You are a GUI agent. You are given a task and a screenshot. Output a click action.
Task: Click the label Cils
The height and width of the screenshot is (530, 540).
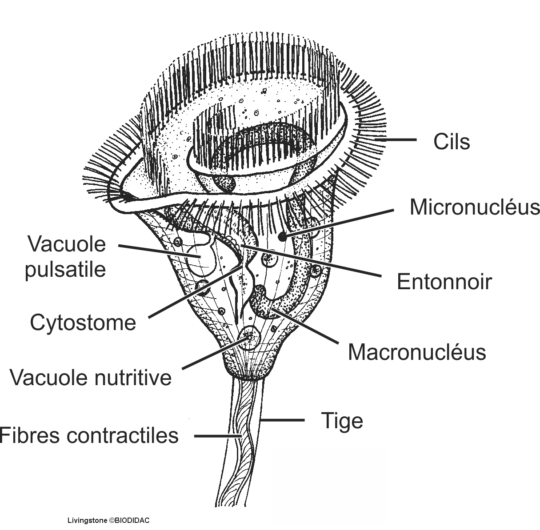click(451, 142)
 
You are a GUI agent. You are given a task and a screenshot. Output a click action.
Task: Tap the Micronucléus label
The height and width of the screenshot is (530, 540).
click(474, 207)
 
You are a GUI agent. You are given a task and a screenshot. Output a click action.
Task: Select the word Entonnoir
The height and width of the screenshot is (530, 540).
click(444, 282)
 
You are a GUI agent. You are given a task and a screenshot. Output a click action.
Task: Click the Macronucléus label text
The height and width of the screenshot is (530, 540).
click(416, 352)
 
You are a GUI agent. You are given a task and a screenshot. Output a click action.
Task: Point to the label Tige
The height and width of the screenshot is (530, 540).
click(342, 421)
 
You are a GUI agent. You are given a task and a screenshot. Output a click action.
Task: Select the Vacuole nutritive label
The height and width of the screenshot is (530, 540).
click(91, 378)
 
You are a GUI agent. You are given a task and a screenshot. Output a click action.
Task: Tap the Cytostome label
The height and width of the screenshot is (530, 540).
click(83, 323)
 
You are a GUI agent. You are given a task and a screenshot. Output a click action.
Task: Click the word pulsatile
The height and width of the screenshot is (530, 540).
click(65, 269)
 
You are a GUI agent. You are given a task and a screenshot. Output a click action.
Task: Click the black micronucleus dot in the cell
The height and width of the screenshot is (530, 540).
click(282, 237)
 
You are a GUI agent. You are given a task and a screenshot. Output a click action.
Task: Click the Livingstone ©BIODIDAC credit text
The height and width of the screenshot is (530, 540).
click(108, 520)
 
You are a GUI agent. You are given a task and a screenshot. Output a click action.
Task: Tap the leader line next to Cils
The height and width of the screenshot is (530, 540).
click(397, 139)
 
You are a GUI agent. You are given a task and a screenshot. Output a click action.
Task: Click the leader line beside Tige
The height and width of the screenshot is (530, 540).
click(283, 420)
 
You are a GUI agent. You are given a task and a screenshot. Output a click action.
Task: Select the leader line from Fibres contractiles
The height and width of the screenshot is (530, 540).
click(218, 436)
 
